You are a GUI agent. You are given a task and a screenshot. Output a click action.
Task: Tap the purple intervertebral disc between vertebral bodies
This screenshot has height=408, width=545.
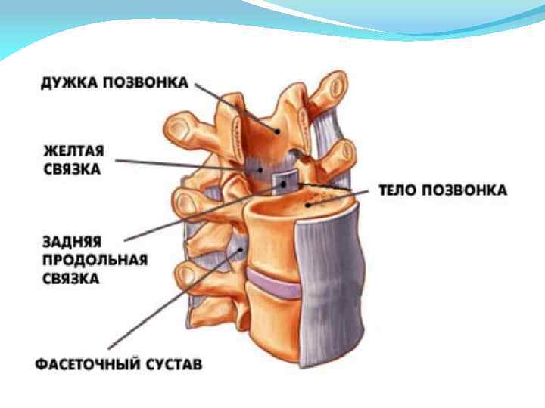(276, 286)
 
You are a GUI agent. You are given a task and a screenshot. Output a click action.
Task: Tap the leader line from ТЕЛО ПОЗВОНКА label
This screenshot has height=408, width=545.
(341, 187)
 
